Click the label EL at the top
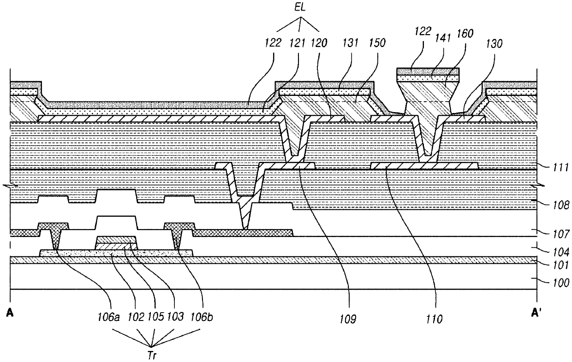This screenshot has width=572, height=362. pos(300,7)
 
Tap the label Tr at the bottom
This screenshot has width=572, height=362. pos(152,356)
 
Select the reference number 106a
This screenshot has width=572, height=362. pos(108,317)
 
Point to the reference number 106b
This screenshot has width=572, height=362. pos(202,317)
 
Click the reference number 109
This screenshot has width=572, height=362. pos(347,320)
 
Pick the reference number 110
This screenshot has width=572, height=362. pos(434,320)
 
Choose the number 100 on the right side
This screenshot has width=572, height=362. pos(560,283)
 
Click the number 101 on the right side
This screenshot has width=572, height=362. pos(560,266)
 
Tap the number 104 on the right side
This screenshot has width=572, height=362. pos(560,252)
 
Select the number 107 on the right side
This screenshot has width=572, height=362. pos(560,234)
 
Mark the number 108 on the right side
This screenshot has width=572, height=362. pos(560,205)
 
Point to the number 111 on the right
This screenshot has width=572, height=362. pos(560,168)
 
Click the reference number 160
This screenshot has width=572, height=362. pos(465,34)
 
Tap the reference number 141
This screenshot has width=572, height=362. pos(443,38)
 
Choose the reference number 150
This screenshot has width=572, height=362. pos(377,43)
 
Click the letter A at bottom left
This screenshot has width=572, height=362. pos(10,313)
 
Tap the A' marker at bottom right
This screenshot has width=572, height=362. pos(536,313)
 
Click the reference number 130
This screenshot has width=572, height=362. pos(494,44)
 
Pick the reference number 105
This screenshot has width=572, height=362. pos(155,317)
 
